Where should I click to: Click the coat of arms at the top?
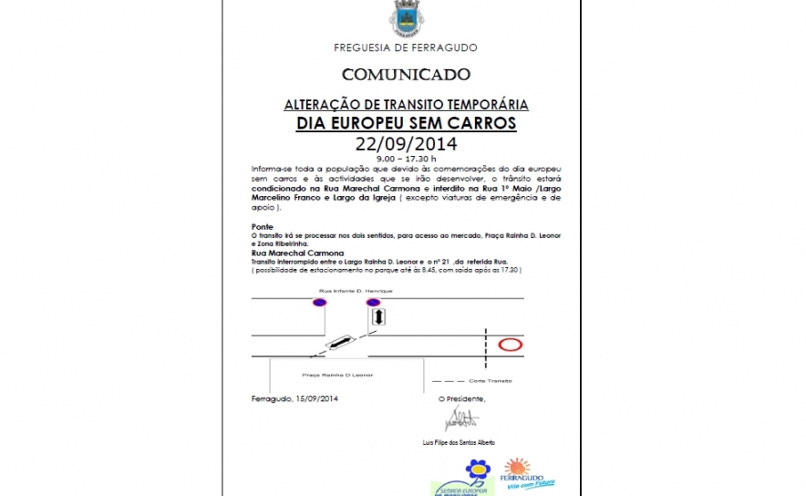(406, 17)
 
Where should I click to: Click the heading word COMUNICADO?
(406, 74)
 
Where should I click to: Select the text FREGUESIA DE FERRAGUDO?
(406, 47)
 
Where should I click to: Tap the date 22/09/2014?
(406, 143)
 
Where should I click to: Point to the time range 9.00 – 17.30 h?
(406, 158)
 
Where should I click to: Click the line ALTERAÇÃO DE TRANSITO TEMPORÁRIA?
(406, 105)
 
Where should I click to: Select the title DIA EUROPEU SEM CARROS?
(406, 123)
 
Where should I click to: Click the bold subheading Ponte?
(262, 226)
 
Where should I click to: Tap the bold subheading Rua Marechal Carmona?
(296, 253)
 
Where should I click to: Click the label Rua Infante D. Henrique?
(355, 290)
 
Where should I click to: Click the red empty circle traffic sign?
(510, 345)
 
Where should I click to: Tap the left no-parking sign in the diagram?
(320, 303)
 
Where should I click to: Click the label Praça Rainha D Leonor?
(336, 375)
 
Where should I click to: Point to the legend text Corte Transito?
(491, 379)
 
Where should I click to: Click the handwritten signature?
(460, 419)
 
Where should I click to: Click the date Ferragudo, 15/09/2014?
(294, 398)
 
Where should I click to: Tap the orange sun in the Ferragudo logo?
(518, 466)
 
